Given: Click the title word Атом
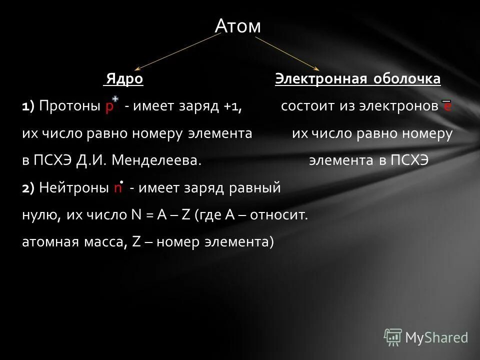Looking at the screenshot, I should click(x=237, y=26).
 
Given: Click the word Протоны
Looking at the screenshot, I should click(x=70, y=106).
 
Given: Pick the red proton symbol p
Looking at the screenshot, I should click(x=109, y=107).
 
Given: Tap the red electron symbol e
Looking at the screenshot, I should click(x=447, y=107).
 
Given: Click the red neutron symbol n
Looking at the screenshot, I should click(x=117, y=188).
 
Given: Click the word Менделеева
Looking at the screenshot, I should click(x=157, y=160).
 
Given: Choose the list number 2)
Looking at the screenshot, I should click(x=28, y=188).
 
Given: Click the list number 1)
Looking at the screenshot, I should click(x=28, y=106).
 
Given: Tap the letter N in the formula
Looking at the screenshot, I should click(x=136, y=215).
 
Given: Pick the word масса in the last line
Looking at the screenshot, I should click(x=102, y=242).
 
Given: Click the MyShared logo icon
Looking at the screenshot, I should click(x=392, y=337).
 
